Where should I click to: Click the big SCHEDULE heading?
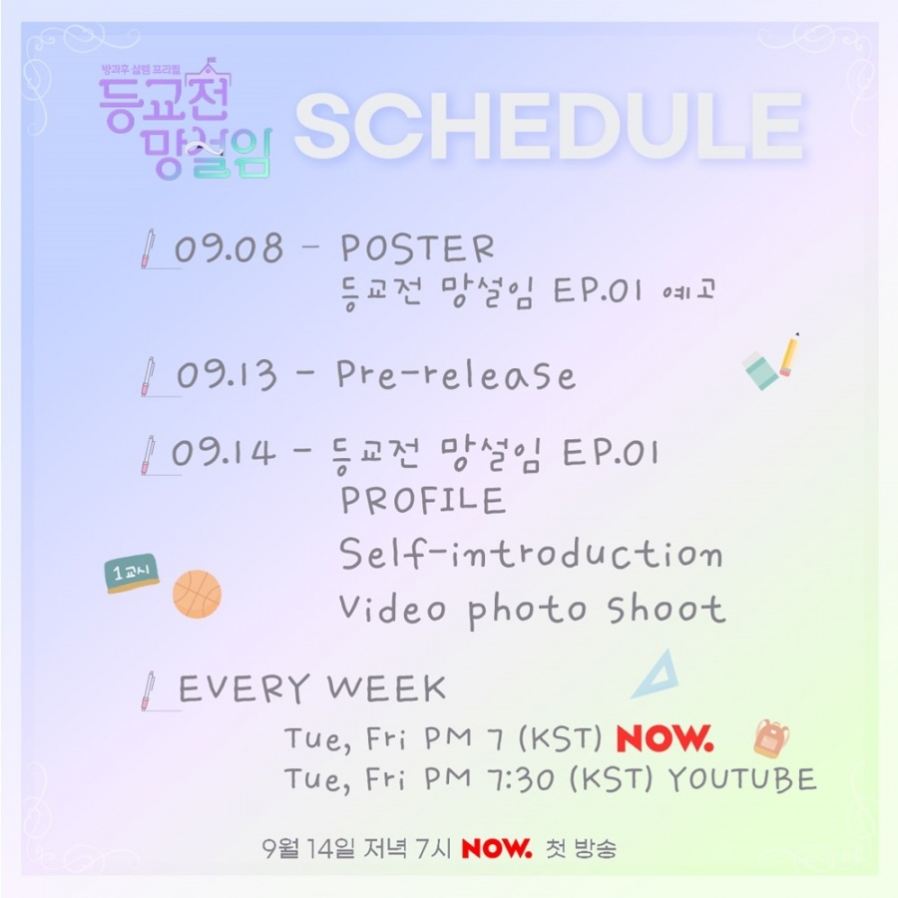549,126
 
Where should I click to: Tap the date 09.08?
229,248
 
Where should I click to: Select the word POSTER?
417,248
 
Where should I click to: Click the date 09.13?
226,375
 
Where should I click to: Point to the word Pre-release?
456,375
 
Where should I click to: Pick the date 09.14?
224,452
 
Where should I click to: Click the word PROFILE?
423,501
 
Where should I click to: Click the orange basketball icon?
197,594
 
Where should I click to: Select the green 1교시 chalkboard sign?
132,573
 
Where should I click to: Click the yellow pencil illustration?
790,354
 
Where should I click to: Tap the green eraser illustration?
760,370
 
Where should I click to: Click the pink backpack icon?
771,738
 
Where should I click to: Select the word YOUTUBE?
742,779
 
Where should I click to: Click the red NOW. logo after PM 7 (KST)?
665,738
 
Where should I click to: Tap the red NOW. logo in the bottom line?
497,848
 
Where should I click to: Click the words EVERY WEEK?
312,687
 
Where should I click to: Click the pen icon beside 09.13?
148,376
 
